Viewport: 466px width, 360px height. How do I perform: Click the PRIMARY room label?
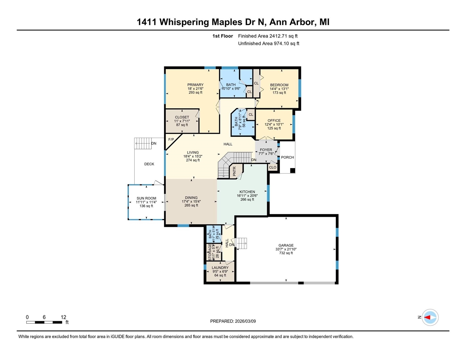pyautogui.click(x=195, y=85)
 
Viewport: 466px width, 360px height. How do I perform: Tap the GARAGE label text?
pyautogui.click(x=286, y=245)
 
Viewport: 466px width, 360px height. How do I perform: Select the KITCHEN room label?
pyautogui.click(x=247, y=192)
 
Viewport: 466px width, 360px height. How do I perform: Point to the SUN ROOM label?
pyautogui.click(x=146, y=198)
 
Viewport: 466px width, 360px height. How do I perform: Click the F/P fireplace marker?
pyautogui.click(x=171, y=139)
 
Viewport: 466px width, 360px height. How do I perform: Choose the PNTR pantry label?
pyautogui.click(x=235, y=171)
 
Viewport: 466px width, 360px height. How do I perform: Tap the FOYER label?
pyautogui.click(x=266, y=150)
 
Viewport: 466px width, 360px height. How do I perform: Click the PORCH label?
pyautogui.click(x=287, y=157)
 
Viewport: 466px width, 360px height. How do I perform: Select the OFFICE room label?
pyautogui.click(x=274, y=120)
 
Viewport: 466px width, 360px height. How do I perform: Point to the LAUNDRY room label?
pyautogui.click(x=220, y=268)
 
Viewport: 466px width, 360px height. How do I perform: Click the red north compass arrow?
pyautogui.click(x=428, y=317)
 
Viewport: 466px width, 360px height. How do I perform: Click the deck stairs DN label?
pyautogui.click(x=153, y=143)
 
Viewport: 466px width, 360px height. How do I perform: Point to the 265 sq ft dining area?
pyautogui.click(x=191, y=205)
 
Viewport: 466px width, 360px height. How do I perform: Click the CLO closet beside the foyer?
pyautogui.click(x=273, y=167)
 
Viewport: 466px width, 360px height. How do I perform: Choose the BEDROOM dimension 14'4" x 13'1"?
pyautogui.click(x=279, y=89)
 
